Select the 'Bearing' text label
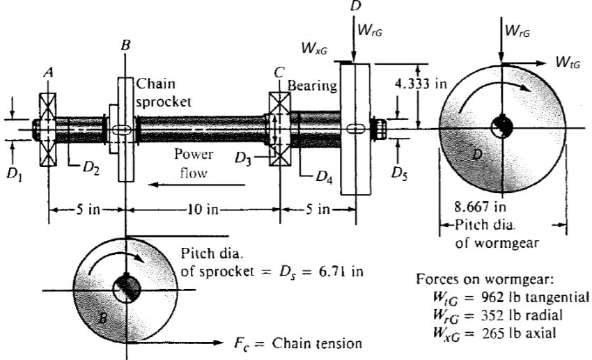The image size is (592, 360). [x=313, y=86]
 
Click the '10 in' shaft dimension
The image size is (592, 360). [x=203, y=209]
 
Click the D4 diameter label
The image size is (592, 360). [x=323, y=177]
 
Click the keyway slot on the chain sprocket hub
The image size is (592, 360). [x=121, y=130]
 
